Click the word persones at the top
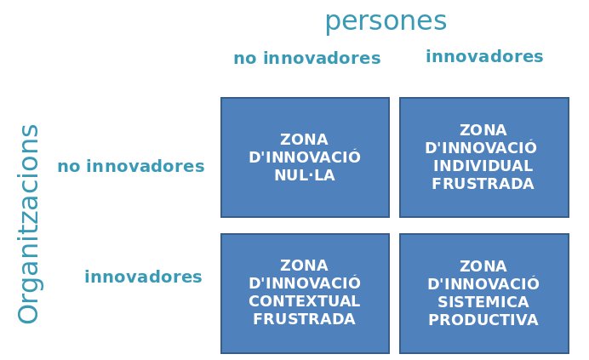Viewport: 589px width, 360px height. (x=386, y=22)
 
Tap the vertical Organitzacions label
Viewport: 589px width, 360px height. (x=29, y=224)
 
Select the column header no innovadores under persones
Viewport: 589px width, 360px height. (x=307, y=58)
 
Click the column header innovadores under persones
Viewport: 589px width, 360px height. (x=484, y=56)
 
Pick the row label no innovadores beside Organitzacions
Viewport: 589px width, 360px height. (x=131, y=166)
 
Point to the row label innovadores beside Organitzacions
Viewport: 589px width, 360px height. (x=143, y=277)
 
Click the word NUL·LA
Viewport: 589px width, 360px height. (x=305, y=175)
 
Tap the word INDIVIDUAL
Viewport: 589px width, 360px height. (x=483, y=166)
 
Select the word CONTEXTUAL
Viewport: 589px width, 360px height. (x=304, y=301)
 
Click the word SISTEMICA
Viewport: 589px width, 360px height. (x=483, y=302)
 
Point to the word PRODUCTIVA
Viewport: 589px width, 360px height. (x=483, y=320)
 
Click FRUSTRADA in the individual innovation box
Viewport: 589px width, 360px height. (x=483, y=184)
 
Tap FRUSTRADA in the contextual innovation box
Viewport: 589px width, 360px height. (x=304, y=319)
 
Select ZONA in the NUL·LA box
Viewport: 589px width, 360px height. (x=304, y=140)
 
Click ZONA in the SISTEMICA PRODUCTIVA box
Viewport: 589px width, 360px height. (x=483, y=266)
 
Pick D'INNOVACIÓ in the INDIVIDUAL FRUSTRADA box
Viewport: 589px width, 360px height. (x=481, y=147)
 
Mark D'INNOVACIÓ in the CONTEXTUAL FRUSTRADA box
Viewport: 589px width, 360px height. (x=305, y=283)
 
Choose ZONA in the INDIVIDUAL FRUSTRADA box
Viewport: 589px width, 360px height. (x=483, y=130)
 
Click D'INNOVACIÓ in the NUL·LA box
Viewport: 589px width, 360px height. (x=305, y=157)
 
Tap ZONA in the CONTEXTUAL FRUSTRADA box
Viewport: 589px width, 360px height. (x=304, y=266)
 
